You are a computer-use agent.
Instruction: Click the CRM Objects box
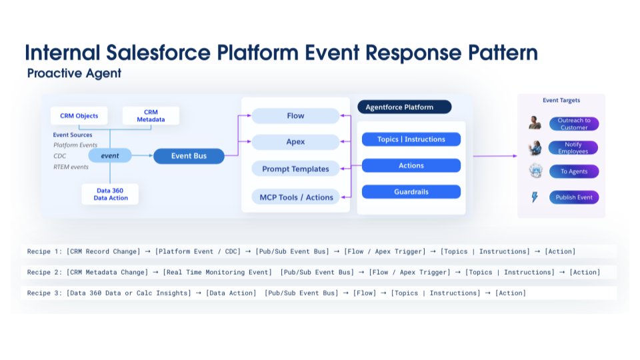79,116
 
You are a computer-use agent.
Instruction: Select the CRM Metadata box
151,116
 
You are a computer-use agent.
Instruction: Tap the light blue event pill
110,156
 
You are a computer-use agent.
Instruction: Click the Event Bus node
189,156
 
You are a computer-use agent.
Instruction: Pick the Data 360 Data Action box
110,194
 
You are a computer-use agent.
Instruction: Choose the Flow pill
295,116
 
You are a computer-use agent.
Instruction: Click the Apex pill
295,142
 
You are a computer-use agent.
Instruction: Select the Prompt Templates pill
295,169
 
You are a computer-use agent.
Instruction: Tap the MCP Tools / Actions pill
295,197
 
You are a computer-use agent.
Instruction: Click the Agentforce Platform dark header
404,107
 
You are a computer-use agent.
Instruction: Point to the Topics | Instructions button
411,139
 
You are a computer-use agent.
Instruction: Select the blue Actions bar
411,165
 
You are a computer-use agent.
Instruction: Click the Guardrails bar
411,192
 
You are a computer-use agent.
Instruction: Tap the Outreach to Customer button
573,124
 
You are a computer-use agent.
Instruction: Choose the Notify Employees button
573,148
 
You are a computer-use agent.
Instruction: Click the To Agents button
573,171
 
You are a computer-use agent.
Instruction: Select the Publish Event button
573,197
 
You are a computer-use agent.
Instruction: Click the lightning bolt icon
535,197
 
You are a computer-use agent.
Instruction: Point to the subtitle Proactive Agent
74,73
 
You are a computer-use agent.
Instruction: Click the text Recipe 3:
44,293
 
